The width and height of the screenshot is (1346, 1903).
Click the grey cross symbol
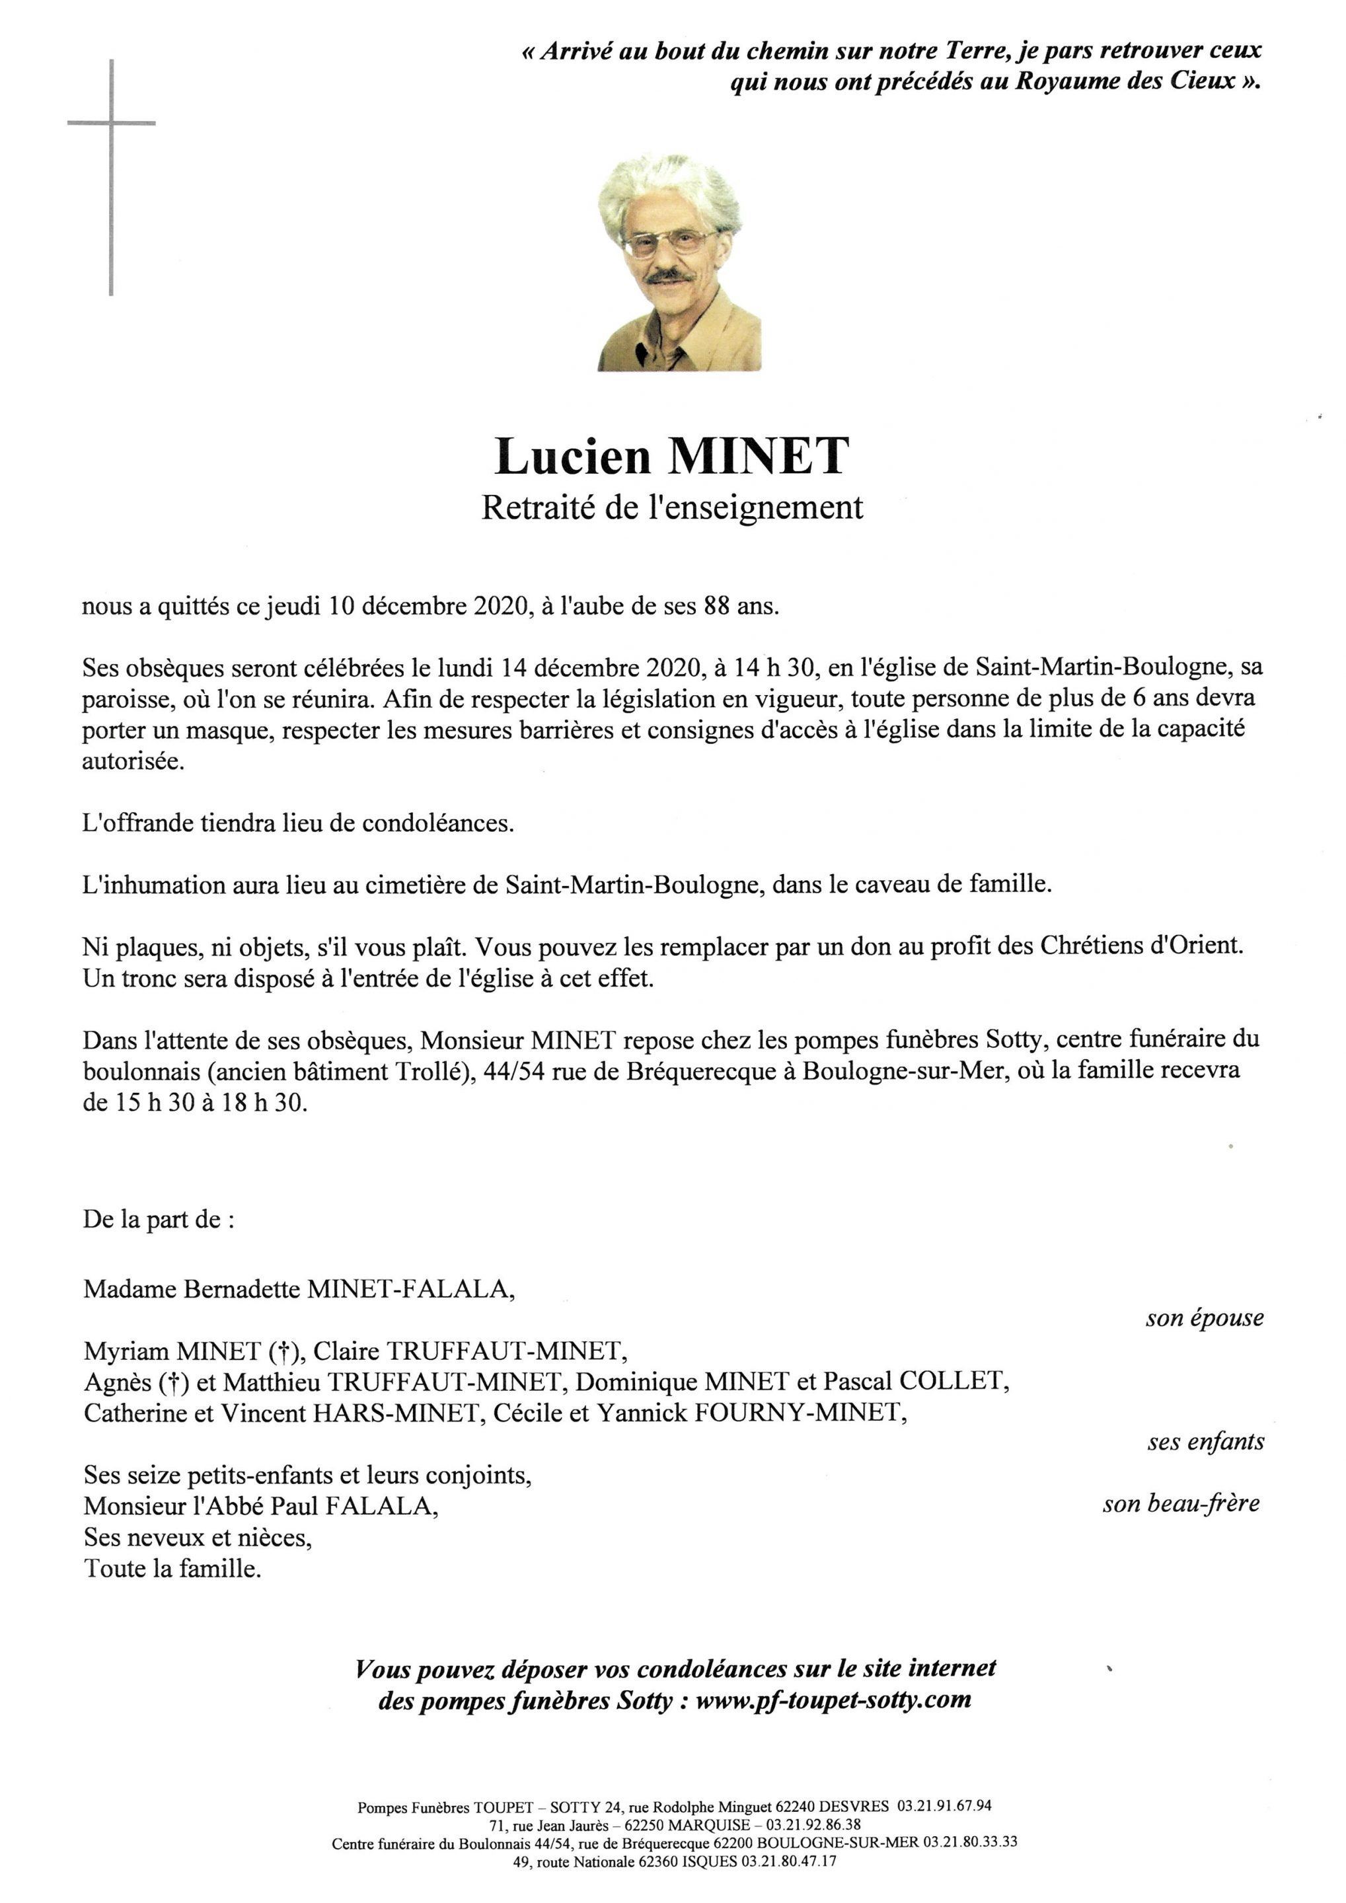(x=111, y=124)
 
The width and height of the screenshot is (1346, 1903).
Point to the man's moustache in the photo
(x=669, y=275)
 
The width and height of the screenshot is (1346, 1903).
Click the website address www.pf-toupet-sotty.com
(x=833, y=1701)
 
